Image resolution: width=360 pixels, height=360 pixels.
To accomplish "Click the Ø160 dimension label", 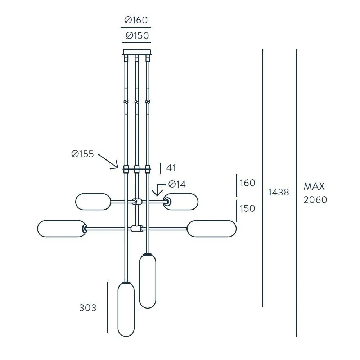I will pos(136,21).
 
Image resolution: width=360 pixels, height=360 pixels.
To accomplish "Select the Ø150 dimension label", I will pos(137,36).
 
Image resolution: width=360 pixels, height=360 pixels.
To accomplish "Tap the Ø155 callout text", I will pos(82,154).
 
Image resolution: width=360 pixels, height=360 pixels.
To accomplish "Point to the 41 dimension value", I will pos(171,168).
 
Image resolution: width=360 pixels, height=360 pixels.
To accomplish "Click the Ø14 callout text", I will pos(177,184).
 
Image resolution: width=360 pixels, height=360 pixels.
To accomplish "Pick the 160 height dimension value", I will pos(247,183).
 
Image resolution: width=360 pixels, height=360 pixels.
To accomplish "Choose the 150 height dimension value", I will pos(247,208).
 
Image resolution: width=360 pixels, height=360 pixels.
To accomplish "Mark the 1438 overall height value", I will pos(279,192).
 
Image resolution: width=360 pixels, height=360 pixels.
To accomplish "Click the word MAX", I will pos(314,186).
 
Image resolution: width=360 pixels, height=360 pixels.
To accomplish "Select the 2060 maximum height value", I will pos(315,200).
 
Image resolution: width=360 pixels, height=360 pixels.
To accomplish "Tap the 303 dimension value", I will pos(88,308).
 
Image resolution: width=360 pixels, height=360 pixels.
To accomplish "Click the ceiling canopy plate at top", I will pos(137,52).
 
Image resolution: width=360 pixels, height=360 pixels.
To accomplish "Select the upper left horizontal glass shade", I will pos(93,202).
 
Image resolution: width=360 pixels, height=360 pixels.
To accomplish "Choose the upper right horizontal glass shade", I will pos(181,202).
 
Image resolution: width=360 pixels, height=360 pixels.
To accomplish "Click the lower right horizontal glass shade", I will pos(212,229).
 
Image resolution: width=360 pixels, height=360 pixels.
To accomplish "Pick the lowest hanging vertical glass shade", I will pos(126,309).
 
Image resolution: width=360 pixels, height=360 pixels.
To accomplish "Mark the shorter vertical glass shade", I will pos(148,281).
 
